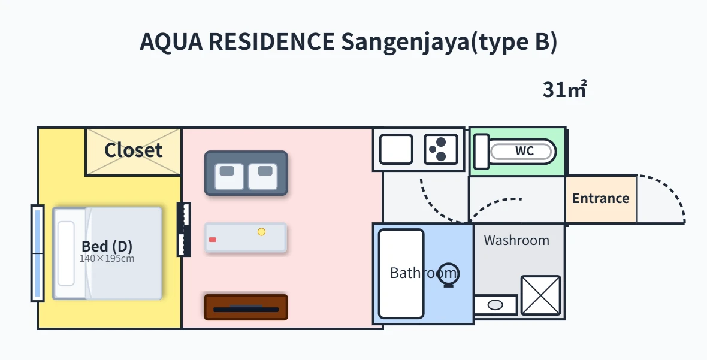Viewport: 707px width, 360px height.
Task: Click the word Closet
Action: (x=133, y=150)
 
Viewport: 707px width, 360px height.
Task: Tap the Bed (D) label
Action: (x=107, y=246)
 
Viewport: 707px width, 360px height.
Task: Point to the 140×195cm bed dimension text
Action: (x=107, y=259)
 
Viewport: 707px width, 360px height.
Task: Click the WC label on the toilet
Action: (x=524, y=151)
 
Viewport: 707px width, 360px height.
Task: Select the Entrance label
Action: (x=600, y=198)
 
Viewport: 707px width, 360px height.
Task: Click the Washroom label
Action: (x=516, y=240)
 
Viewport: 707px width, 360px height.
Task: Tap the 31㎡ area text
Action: (x=564, y=89)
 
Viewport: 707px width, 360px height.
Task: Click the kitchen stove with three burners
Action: (x=441, y=150)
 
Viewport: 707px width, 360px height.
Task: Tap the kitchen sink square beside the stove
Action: (x=396, y=150)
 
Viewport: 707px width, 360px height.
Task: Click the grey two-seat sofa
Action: (x=246, y=174)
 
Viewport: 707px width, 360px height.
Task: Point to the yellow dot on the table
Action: (x=261, y=232)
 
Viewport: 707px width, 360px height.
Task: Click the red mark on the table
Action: (x=212, y=240)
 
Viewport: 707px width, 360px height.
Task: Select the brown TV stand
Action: (x=246, y=307)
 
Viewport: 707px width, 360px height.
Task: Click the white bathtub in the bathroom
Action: (x=401, y=274)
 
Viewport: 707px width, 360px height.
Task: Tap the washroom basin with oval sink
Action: (x=495, y=305)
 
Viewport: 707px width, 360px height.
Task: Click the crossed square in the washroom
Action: (x=540, y=295)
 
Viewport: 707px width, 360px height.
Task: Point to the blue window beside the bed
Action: (x=37, y=253)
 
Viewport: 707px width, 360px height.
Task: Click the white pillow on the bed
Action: (x=66, y=253)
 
